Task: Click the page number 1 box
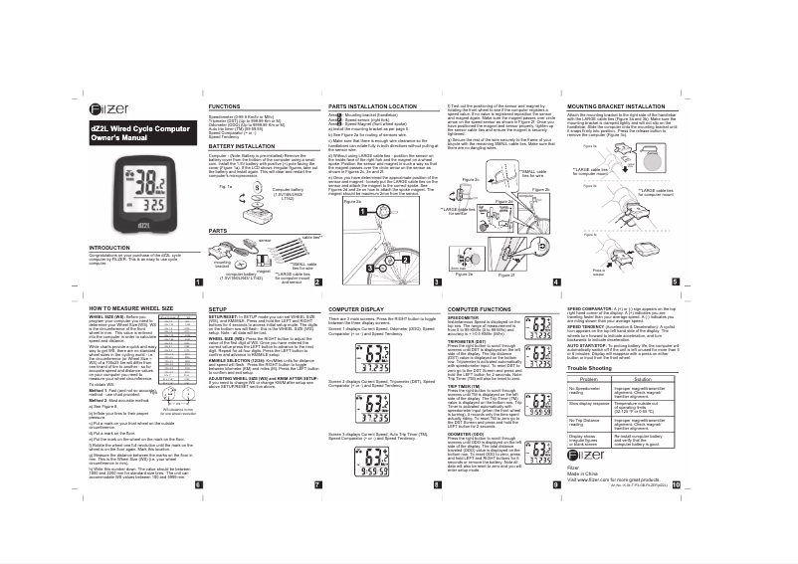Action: tap(198, 282)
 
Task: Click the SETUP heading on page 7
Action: tap(218, 310)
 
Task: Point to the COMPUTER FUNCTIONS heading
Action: tap(484, 310)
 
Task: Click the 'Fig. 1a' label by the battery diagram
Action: tap(226, 186)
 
